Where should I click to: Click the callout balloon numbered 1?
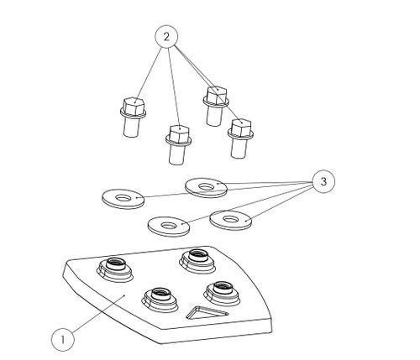(x=63, y=340)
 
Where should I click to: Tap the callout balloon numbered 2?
(x=166, y=37)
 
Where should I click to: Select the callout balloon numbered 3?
(x=323, y=182)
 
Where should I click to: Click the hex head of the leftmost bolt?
(x=134, y=105)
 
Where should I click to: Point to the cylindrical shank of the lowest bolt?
(x=177, y=154)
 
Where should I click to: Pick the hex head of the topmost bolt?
(x=217, y=94)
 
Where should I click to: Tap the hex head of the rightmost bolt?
(x=241, y=127)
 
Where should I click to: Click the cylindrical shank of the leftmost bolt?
(x=131, y=127)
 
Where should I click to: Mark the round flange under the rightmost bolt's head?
(x=240, y=134)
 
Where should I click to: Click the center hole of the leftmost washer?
(x=123, y=198)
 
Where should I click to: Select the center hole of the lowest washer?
(x=169, y=225)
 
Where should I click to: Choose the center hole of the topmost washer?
(x=206, y=186)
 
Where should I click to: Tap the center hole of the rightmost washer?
(x=230, y=219)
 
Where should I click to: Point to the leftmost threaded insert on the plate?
(x=114, y=269)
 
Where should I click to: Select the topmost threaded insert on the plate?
(x=197, y=260)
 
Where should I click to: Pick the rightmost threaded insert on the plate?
(x=222, y=293)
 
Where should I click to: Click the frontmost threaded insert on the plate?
(x=160, y=300)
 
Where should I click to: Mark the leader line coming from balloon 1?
(x=98, y=314)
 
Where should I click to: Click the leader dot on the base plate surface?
(x=124, y=295)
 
